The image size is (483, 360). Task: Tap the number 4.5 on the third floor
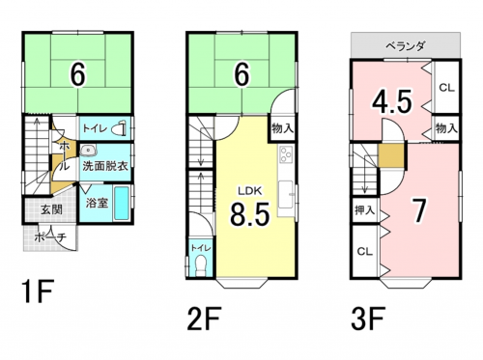tap(392, 101)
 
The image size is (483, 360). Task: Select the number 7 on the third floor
tap(419, 210)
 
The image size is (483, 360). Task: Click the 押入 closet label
tap(365, 209)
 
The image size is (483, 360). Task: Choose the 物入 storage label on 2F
tap(282, 127)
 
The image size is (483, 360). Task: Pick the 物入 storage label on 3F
tap(445, 127)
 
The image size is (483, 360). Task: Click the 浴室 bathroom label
tap(96, 204)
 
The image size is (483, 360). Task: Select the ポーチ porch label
tap(49, 236)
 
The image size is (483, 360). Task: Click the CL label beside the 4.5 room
tap(445, 88)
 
